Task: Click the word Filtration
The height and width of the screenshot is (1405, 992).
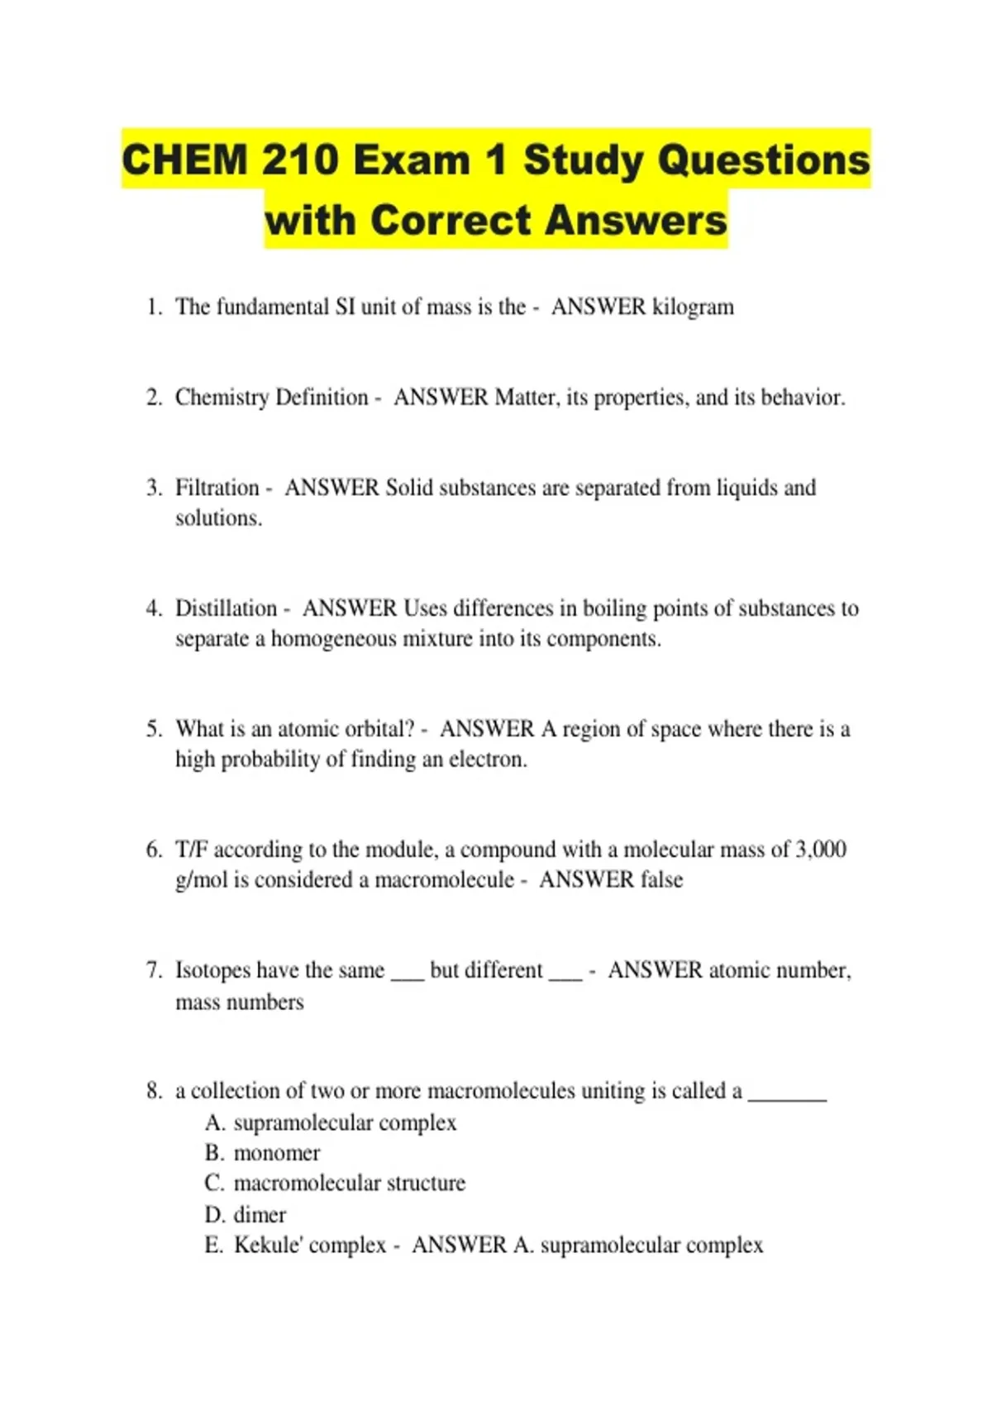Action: tap(217, 488)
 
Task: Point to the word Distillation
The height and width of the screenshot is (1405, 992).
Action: tap(226, 608)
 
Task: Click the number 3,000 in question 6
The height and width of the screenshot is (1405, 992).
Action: tap(820, 850)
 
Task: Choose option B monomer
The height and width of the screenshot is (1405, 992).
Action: tap(276, 1153)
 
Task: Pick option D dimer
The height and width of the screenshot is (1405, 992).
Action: tap(260, 1215)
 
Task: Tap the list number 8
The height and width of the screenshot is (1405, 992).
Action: tap(154, 1091)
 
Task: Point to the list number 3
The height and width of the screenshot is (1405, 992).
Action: tap(154, 488)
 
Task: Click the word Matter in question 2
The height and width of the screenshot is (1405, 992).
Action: tap(526, 398)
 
